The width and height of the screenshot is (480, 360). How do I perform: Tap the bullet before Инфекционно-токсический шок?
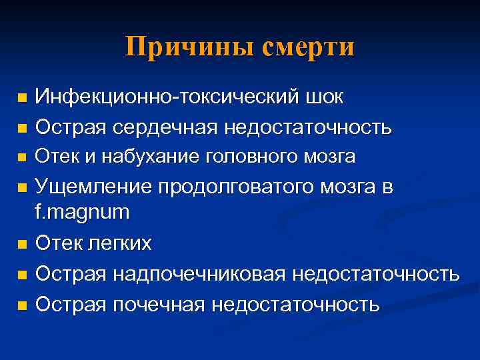[23, 99]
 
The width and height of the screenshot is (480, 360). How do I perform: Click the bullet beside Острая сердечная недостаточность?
[23, 127]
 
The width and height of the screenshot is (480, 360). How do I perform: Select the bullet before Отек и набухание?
[23, 158]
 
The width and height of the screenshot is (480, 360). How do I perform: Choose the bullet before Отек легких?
[23, 245]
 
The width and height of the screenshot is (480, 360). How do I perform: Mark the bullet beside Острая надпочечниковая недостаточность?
[23, 275]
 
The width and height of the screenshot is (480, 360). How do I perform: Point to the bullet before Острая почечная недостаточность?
[23, 305]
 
